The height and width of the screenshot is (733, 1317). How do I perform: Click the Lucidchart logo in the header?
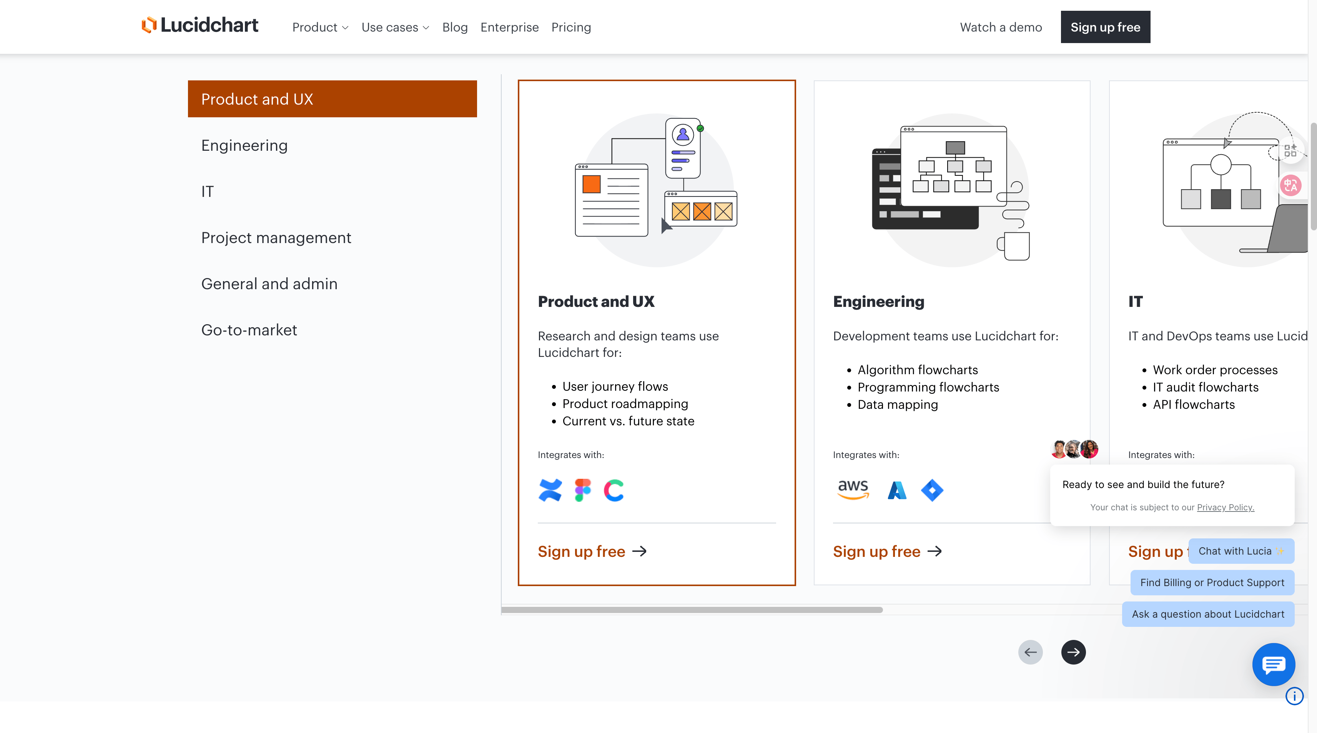click(200, 26)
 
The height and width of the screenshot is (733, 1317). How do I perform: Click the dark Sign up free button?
click(1105, 27)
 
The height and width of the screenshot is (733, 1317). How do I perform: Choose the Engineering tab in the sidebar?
click(244, 146)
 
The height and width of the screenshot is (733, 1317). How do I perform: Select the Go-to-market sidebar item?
click(249, 330)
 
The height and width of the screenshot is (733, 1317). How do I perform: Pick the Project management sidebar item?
click(276, 238)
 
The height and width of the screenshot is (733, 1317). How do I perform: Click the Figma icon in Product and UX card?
click(582, 490)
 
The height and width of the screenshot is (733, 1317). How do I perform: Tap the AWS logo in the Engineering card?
click(853, 490)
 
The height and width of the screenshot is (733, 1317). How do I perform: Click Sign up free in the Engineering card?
click(886, 551)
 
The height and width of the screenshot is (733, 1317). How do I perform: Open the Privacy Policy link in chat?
click(1225, 507)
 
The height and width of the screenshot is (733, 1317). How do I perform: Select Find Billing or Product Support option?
click(1212, 583)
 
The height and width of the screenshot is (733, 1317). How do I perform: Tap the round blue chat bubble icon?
click(1273, 665)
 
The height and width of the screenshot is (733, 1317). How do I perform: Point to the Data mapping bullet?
click(897, 405)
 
